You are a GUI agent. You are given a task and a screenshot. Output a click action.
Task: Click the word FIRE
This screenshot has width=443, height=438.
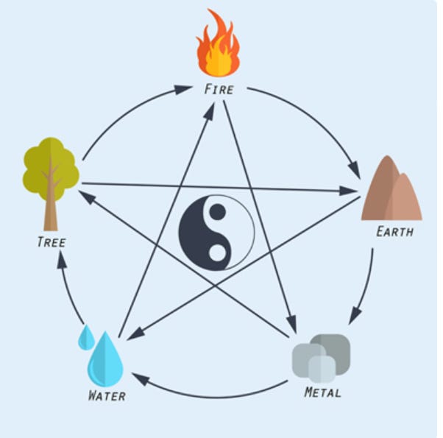(219, 90)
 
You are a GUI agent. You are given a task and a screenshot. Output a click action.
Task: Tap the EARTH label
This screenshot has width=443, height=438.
(394, 232)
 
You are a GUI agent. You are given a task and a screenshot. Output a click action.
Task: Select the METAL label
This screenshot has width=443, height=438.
(322, 392)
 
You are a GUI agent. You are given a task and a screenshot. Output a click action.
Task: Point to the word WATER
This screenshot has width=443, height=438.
(107, 396)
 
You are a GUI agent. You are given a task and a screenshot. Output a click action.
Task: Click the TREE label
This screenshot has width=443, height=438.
(52, 242)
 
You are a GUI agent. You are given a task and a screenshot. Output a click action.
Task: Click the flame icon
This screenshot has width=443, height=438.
(218, 46)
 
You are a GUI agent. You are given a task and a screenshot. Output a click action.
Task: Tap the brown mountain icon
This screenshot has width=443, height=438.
(391, 191)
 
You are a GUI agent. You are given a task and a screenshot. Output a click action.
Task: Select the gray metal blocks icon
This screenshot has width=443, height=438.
(322, 358)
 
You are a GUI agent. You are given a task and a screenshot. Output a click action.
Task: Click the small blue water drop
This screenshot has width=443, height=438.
(86, 338)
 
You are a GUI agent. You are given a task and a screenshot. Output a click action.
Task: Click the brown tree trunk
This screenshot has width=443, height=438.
(50, 210)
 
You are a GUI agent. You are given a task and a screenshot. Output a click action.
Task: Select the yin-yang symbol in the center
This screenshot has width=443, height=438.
(216, 232)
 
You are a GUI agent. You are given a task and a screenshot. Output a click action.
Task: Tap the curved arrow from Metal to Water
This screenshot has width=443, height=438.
(213, 396)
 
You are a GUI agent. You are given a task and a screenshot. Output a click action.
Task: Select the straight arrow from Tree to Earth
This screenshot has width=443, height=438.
(221, 187)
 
